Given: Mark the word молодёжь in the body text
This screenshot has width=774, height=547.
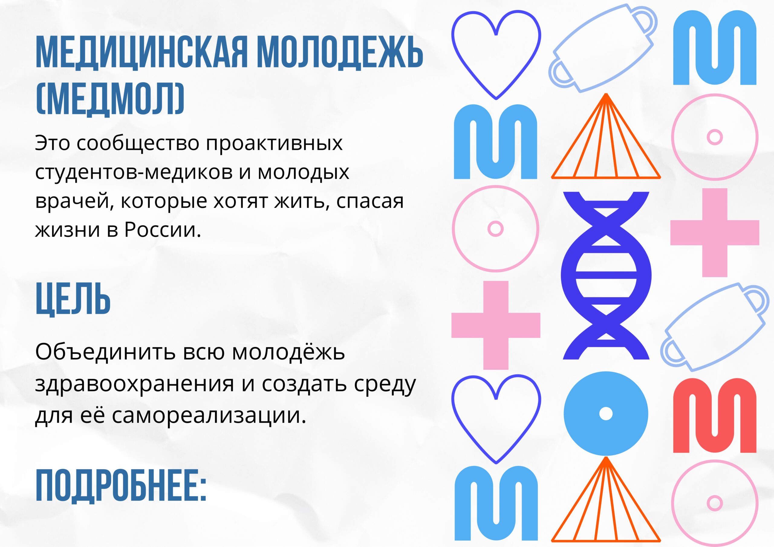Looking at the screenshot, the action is click(x=288, y=351).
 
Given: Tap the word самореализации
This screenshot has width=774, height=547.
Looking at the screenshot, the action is click(x=209, y=415).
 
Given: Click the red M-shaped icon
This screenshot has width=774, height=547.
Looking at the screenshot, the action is click(x=715, y=415).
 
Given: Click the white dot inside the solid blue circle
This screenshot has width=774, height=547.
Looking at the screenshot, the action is click(x=606, y=414).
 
